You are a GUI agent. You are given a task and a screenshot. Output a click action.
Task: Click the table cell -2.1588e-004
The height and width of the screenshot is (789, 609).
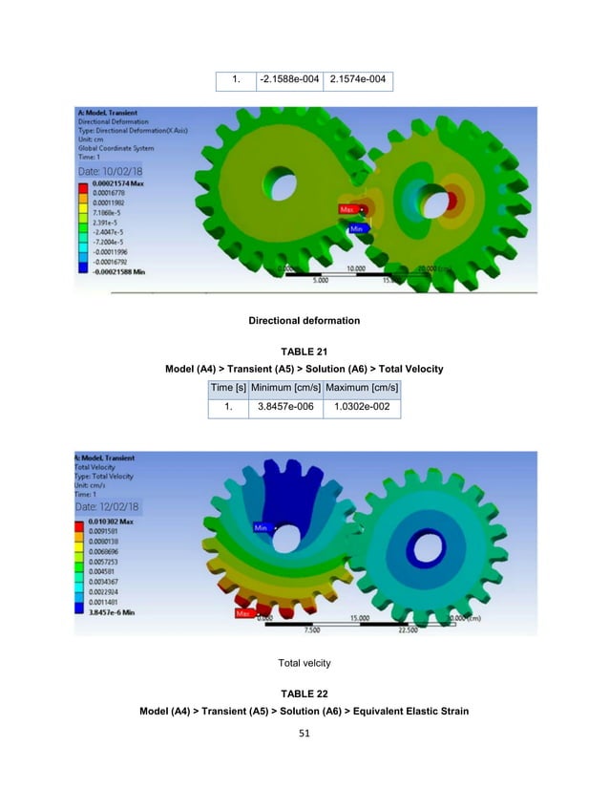290,78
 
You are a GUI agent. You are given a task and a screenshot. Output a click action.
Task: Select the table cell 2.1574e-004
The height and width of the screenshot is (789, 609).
358,78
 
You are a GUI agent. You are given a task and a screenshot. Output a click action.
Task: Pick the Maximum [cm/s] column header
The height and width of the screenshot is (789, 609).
362,387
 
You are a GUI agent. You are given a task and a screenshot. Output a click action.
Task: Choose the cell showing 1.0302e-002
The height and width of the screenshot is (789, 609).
362,407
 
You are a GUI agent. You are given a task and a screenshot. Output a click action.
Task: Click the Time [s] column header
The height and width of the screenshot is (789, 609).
229,387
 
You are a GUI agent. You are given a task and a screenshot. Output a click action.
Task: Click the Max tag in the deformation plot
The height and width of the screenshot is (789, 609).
347,207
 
